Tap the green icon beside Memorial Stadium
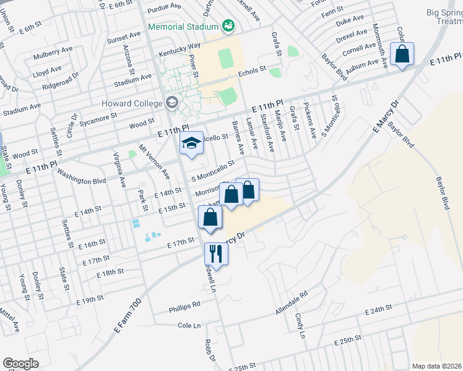coord(228,27)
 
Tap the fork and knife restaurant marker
coord(216,254)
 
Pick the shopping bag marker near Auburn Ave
coord(402,54)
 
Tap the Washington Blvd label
coord(82,179)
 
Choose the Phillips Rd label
coord(186,305)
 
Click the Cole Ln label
coord(190,325)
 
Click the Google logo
coord(20,363)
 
